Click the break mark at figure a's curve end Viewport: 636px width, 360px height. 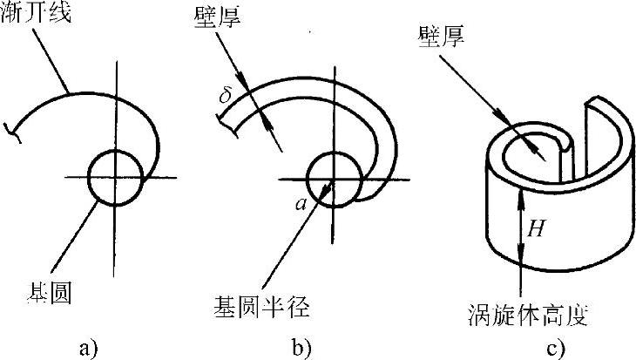point(11,131)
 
